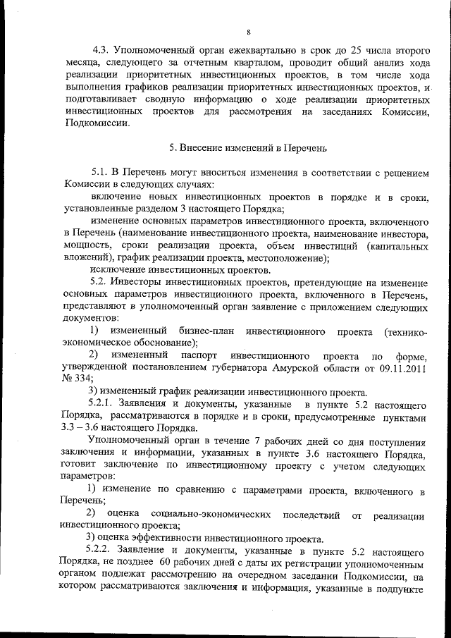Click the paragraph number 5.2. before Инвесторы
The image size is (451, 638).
tap(102, 281)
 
